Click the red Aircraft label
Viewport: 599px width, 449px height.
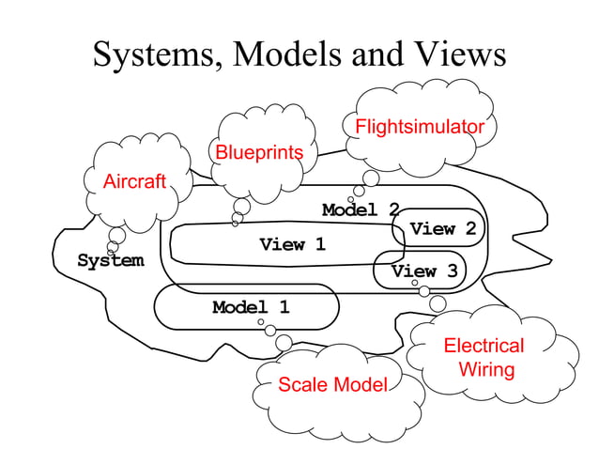(133, 181)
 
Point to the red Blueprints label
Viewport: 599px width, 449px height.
(259, 152)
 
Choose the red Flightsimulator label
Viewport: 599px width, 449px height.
(419, 127)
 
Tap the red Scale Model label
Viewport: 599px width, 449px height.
(332, 384)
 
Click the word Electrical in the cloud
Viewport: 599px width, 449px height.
(484, 346)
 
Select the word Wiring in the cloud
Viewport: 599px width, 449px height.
(486, 369)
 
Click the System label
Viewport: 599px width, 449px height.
(111, 260)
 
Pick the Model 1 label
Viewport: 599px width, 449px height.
(251, 307)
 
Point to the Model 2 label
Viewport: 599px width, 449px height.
(361, 209)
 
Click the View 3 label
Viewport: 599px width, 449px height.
(424, 271)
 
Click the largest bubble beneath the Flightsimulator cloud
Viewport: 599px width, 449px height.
(371, 178)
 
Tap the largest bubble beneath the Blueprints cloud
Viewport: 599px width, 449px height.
(242, 206)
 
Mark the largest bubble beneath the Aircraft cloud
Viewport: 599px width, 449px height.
(117, 235)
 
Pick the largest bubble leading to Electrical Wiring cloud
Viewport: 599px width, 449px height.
(438, 303)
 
